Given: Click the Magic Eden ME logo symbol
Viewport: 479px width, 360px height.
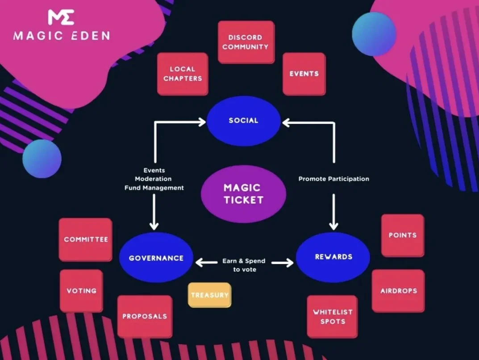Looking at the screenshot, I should pos(61,17).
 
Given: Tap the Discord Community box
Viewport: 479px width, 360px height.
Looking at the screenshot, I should pos(246,42).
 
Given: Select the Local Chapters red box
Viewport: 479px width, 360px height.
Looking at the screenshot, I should pos(183,74).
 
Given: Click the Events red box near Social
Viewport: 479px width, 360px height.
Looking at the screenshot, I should pos(304,74).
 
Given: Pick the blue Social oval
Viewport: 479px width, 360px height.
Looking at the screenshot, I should pos(244,121).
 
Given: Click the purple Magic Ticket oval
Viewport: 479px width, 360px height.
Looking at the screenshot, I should pos(243,194).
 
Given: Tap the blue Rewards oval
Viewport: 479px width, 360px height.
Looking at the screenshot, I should pos(333,257).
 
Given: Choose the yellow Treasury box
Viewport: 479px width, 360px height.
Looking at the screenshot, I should pos(209,295).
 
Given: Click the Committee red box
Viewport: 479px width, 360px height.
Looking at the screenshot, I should pos(86,239).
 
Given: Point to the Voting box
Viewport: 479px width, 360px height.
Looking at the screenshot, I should pos(81,290).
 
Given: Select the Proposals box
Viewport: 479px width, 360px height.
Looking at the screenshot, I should pos(145,316).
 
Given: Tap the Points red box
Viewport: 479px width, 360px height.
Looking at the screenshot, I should pos(402,235).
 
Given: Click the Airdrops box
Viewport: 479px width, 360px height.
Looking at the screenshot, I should pos(398,291).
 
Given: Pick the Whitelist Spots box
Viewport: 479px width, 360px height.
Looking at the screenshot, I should pos(332,316).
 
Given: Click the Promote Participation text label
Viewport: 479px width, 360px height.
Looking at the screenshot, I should pos(333,179).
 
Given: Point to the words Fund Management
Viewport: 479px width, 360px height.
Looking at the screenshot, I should pos(154,188).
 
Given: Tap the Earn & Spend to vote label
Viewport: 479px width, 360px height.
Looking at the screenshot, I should pos(244,265).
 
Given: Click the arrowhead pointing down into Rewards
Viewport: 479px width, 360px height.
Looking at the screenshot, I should pos(333,225).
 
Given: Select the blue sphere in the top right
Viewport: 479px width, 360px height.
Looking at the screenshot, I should pos(374,34).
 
